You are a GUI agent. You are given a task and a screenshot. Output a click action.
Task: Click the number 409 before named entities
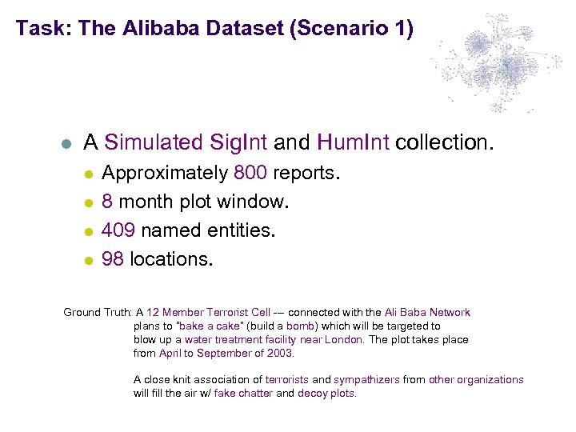(118, 231)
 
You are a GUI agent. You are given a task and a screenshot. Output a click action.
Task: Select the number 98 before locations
(113, 259)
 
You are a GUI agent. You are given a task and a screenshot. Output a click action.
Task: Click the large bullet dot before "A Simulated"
(67, 144)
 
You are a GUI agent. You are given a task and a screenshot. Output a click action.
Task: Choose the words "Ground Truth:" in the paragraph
(98, 313)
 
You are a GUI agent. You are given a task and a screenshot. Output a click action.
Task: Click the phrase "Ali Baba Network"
(427, 313)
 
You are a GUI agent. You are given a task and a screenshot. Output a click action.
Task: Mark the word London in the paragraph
(346, 340)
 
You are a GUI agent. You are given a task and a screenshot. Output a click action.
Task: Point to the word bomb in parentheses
(300, 326)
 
